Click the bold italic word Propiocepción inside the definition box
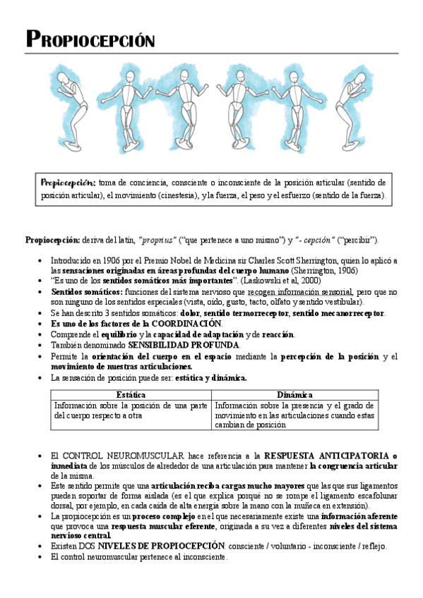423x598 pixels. pos(68,182)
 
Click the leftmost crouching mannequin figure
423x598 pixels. pos(73,95)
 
